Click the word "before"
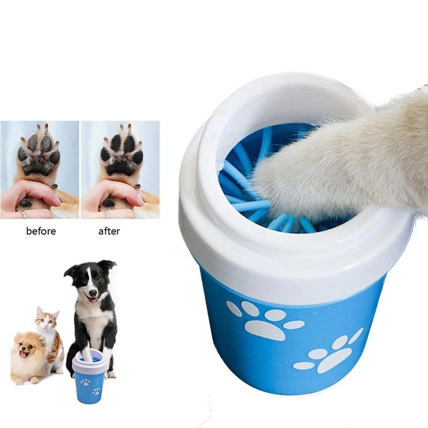(x=41, y=231)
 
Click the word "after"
(x=109, y=231)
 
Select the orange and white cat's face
(x=47, y=322)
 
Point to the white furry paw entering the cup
(x=342, y=160)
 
